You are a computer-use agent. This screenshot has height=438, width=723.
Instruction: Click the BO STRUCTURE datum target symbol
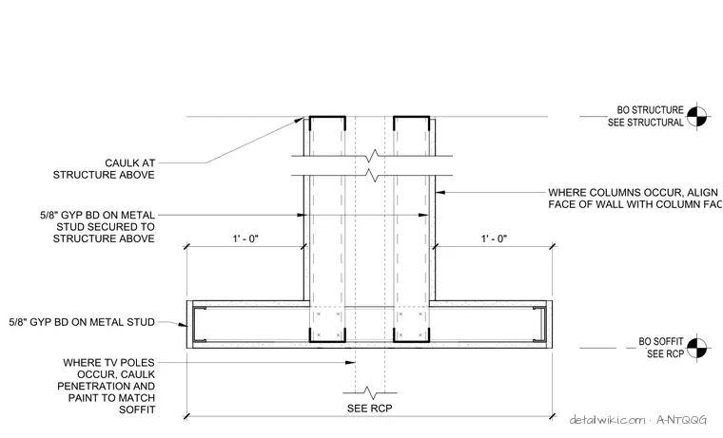[x=696, y=117]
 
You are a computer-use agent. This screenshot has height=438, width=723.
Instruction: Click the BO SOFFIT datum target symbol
[x=696, y=348]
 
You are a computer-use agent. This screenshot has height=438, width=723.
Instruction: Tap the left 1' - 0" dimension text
[x=245, y=238]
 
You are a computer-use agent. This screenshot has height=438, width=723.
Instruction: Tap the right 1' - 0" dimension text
[x=494, y=238]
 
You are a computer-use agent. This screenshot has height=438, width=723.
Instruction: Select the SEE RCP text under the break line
[x=370, y=409]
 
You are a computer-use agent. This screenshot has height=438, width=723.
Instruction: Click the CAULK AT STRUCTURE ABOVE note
[x=105, y=169]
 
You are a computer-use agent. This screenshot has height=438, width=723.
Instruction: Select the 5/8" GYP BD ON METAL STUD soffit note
[x=82, y=322]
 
